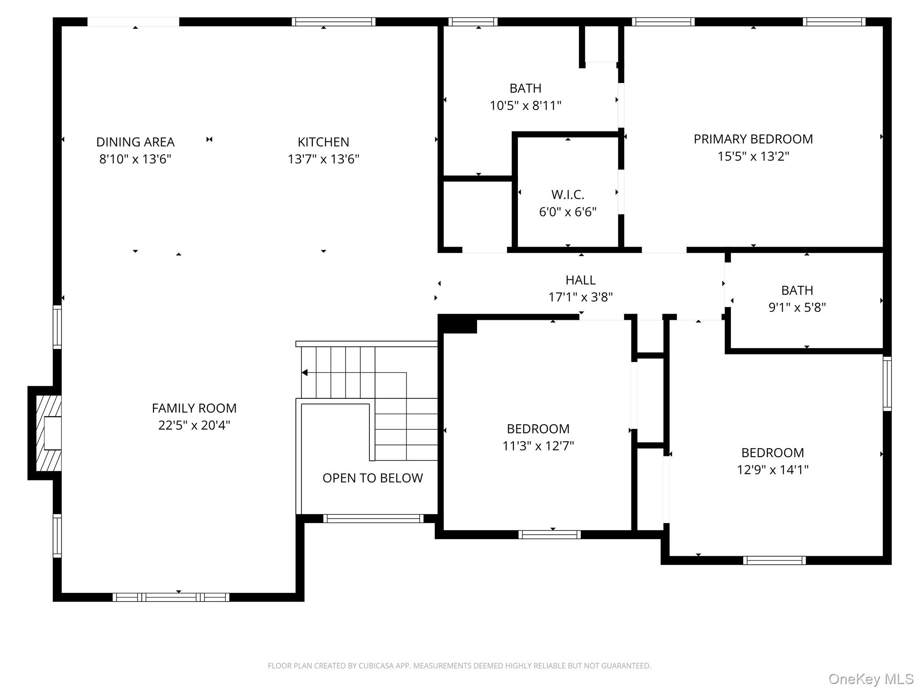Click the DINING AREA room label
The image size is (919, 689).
coord(135,142)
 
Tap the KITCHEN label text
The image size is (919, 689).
coord(323,142)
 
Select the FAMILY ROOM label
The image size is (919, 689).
coord(194,408)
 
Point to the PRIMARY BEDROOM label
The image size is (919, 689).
coord(753,139)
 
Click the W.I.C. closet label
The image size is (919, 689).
coord(568,195)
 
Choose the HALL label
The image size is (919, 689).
coord(581,280)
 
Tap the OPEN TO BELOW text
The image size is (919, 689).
coord(372,478)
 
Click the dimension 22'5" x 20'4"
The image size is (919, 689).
coord(194,425)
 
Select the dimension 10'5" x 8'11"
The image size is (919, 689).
coord(525,106)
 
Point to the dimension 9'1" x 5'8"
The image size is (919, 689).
coord(797,308)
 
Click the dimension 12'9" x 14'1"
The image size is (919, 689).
coord(772,470)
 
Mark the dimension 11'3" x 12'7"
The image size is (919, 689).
coord(538,446)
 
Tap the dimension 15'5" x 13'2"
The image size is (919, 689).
coord(753,157)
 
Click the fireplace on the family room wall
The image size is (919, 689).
coord(45,433)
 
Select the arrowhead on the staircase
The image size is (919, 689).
coord(304,373)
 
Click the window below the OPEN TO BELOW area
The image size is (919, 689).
coord(373,519)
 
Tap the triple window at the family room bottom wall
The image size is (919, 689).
coord(171,597)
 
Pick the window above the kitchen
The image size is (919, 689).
coord(333,22)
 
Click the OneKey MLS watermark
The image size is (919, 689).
coord(871,679)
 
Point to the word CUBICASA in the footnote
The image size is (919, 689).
coord(376,666)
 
